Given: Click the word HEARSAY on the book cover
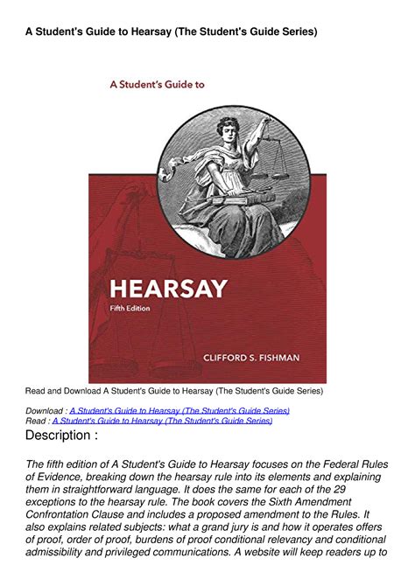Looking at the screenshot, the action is click(x=166, y=288).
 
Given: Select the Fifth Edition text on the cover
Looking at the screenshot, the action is click(x=130, y=309).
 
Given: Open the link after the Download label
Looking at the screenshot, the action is click(x=179, y=410).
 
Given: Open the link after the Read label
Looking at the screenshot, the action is click(x=162, y=421).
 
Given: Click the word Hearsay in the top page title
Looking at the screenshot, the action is click(x=137, y=31).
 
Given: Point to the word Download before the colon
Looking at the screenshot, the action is click(x=44, y=410).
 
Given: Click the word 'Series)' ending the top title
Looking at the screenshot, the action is click(x=297, y=31).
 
